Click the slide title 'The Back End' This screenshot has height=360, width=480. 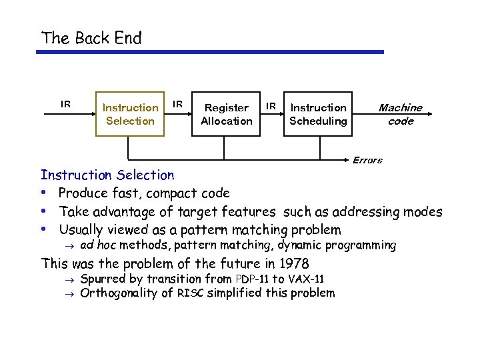[x=91, y=38]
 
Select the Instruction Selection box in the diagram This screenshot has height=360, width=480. [x=130, y=114]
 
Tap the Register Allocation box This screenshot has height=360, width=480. [x=226, y=114]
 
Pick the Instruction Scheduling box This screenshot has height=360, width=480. [x=318, y=114]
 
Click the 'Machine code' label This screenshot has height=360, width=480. [x=400, y=114]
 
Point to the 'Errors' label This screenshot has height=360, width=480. [x=367, y=160]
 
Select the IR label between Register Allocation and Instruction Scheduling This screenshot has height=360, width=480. [x=271, y=105]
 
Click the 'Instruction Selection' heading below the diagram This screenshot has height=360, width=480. [x=107, y=175]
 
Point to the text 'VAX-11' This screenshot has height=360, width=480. [x=306, y=279]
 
